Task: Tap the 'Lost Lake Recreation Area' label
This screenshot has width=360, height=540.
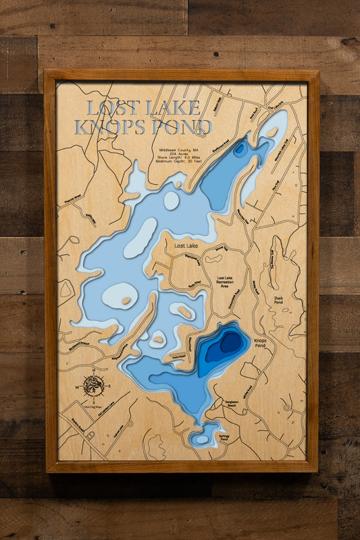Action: coord(225,282)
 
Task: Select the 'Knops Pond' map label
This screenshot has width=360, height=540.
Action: coord(261,343)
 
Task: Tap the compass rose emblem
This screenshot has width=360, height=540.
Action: coord(93,386)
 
